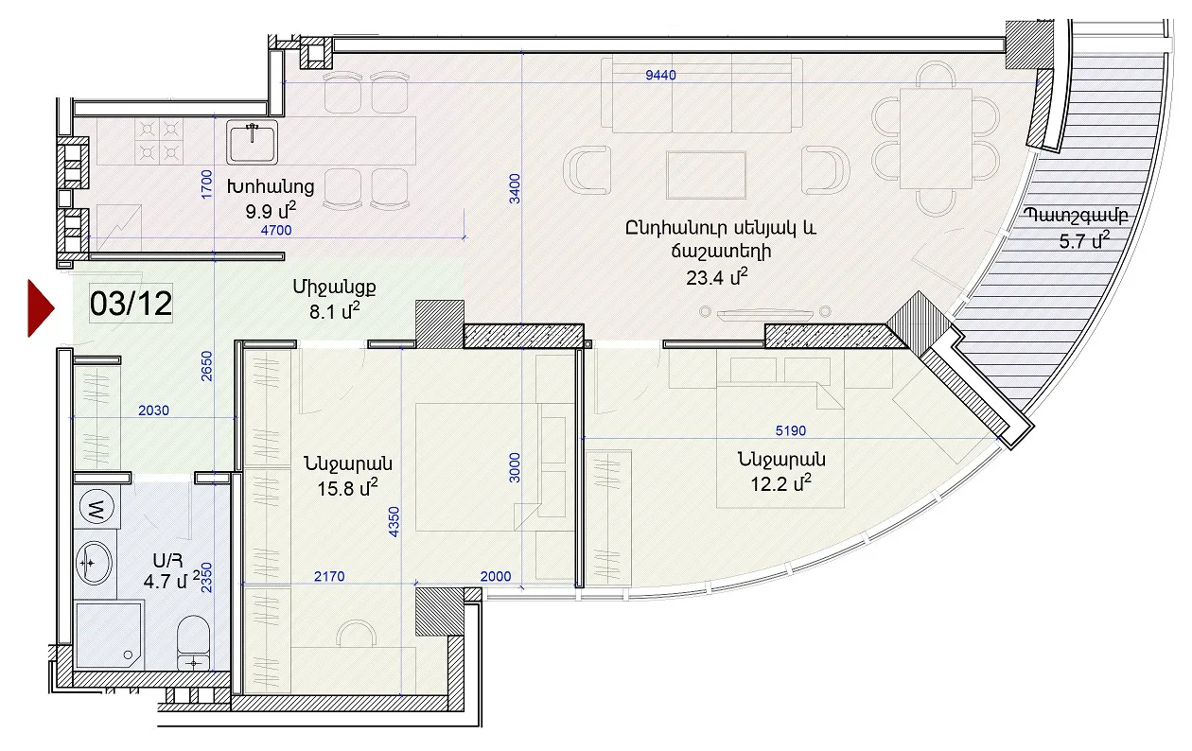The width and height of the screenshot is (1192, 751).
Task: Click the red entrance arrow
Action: tap(41, 308)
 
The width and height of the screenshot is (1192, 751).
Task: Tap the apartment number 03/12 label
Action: tap(131, 304)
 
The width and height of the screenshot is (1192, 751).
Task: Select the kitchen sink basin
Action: tap(253, 142)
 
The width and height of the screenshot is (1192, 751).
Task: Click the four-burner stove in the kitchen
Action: tap(159, 140)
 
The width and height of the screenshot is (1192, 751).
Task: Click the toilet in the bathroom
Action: tap(193, 642)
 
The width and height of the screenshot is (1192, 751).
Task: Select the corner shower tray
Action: tap(109, 635)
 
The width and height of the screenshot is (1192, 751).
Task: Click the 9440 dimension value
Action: tap(660, 75)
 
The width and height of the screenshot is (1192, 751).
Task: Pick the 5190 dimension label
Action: tap(790, 430)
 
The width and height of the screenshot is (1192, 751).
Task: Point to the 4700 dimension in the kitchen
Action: tap(276, 230)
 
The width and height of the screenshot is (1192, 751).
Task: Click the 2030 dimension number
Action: tap(153, 410)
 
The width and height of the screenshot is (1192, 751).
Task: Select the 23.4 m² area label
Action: tap(716, 277)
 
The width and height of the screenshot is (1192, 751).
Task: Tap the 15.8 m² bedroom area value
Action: tap(347, 488)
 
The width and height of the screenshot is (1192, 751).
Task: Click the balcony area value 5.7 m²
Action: tap(1083, 241)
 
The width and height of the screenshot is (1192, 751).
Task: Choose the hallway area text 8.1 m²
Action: tap(334, 311)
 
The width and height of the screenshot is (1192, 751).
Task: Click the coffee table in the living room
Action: tap(706, 175)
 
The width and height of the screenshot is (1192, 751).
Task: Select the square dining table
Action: tap(936, 138)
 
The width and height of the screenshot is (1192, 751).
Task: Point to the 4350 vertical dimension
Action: tap(394, 522)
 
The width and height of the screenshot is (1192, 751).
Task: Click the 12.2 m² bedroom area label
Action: tap(780, 484)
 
